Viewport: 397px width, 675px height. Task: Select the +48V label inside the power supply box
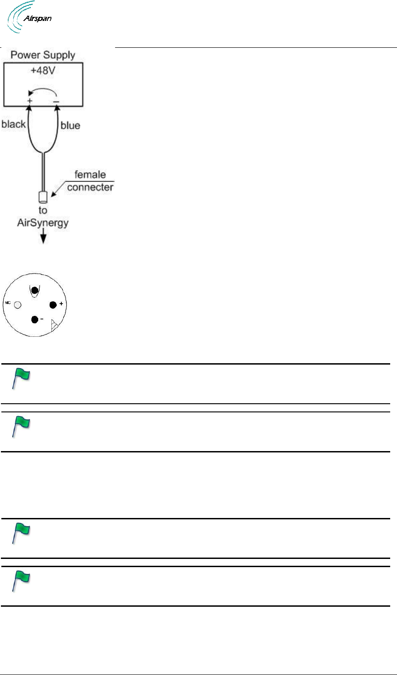[x=43, y=71]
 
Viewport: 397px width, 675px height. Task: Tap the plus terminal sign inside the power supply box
[x=30, y=100]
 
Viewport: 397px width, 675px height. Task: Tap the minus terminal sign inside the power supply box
[x=56, y=101]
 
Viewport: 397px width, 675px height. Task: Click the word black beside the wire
[x=14, y=124]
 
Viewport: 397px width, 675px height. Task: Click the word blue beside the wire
[x=70, y=125]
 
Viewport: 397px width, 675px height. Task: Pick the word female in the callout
[x=90, y=175]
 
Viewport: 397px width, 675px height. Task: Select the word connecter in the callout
[x=90, y=187]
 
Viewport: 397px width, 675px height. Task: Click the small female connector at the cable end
[x=43, y=197]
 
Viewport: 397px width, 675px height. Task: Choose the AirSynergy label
[x=43, y=223]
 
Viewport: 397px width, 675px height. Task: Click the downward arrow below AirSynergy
[x=43, y=238]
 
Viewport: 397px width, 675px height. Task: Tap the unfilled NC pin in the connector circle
[x=18, y=305]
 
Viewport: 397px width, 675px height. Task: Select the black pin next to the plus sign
[x=53, y=305]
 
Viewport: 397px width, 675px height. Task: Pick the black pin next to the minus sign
[x=35, y=320]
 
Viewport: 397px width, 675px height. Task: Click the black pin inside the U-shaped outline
[x=34, y=290]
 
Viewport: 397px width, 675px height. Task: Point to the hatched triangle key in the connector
[x=55, y=325]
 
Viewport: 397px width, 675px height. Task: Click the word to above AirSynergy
[x=43, y=210]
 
